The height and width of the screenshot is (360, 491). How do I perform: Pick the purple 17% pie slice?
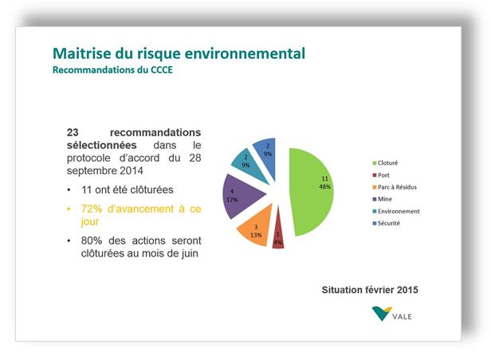pos(238,196)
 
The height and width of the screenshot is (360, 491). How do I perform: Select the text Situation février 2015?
pos(369,288)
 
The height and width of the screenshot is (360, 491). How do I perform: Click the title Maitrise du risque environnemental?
pos(178,54)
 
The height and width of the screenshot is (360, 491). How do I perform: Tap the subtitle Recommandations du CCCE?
pos(112,71)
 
